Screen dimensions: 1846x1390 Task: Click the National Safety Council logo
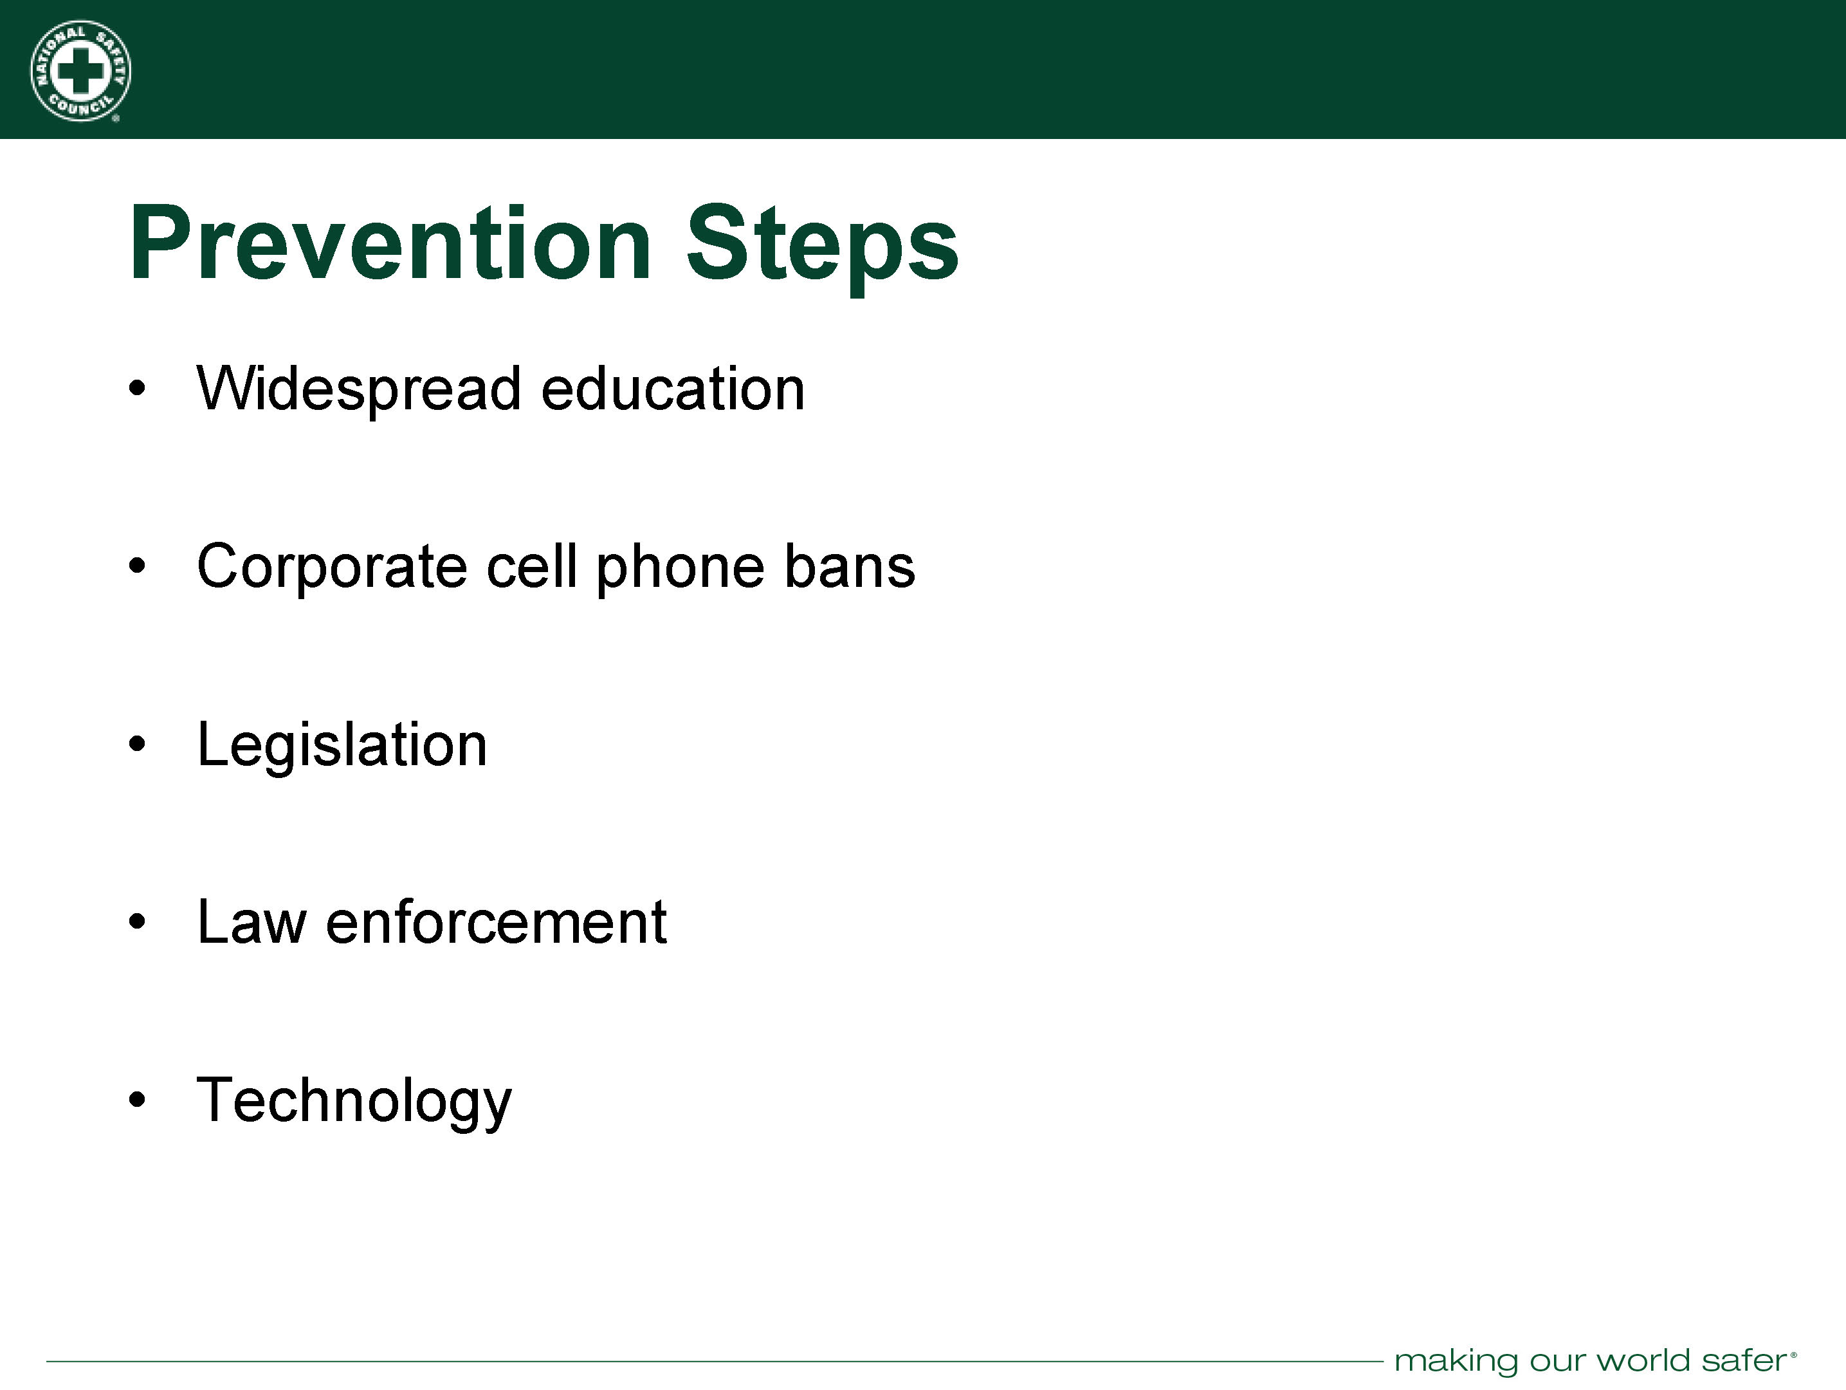[80, 71]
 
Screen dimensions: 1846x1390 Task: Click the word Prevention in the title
[390, 243]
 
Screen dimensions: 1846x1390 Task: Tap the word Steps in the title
[822, 248]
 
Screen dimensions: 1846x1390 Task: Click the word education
[673, 389]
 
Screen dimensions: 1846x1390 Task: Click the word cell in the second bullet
[531, 566]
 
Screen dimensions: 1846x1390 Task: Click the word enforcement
[497, 923]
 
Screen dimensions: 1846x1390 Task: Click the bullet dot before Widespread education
[138, 388]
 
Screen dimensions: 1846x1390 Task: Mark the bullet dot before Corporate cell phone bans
[138, 566]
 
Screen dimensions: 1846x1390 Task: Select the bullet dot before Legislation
[138, 744]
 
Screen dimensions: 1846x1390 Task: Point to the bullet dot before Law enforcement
[138, 922]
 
